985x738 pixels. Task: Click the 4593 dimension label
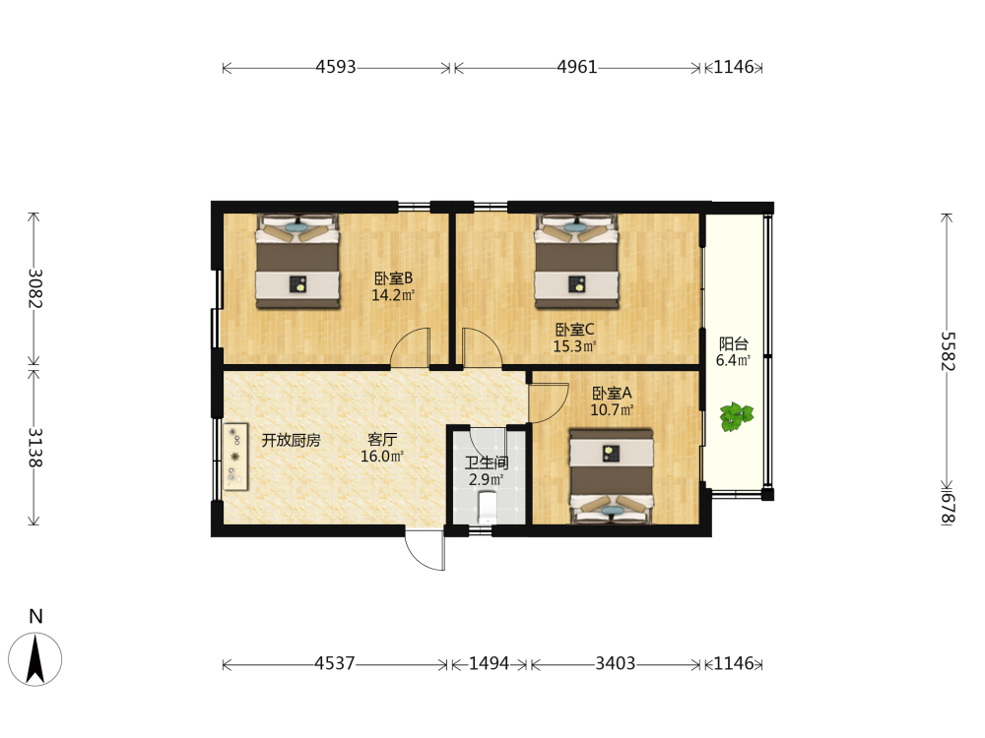click(x=336, y=67)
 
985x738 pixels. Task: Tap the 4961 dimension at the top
click(x=576, y=67)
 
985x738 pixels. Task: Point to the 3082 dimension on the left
click(x=35, y=288)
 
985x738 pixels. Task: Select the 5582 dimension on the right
click(x=948, y=351)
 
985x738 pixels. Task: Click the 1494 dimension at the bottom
click(x=489, y=663)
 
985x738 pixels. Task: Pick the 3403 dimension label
click(x=615, y=663)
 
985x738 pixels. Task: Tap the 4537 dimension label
click(x=335, y=663)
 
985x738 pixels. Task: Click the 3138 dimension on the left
click(x=35, y=448)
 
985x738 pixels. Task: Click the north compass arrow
click(x=35, y=659)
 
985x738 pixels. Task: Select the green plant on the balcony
click(x=736, y=416)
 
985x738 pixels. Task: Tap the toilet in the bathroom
click(x=487, y=507)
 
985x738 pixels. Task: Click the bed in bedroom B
click(x=297, y=262)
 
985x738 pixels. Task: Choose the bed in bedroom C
click(x=576, y=262)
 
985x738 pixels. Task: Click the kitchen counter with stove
click(x=235, y=457)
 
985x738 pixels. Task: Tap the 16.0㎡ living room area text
click(x=382, y=457)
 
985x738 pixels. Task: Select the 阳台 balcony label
click(x=734, y=343)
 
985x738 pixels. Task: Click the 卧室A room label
click(x=612, y=394)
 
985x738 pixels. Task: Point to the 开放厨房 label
click(x=291, y=440)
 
